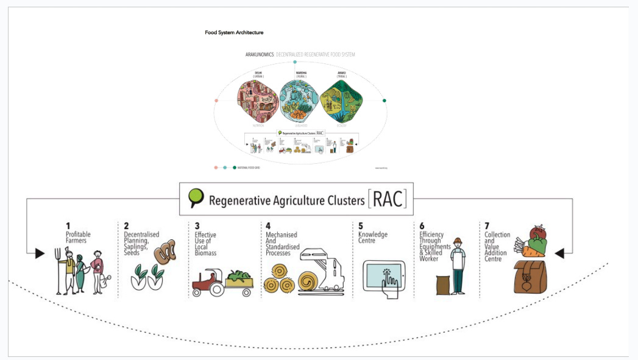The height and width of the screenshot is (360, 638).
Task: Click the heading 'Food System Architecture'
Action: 234,32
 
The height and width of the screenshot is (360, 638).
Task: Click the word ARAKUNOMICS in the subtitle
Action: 260,54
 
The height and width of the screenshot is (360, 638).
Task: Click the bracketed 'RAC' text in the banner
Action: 387,199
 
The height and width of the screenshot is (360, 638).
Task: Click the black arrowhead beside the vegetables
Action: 559,253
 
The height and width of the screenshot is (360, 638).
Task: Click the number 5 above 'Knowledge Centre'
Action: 361,226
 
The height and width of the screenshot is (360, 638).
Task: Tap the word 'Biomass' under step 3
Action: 205,253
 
